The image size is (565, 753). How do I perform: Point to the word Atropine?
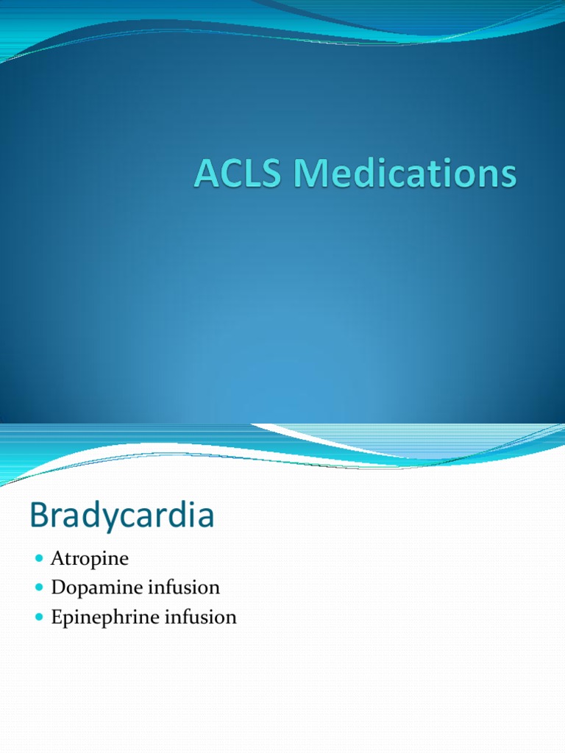(90, 559)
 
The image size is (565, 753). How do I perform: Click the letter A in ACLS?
(206, 176)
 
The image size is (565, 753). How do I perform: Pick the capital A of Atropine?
(57, 559)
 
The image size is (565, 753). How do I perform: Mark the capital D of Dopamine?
(58, 588)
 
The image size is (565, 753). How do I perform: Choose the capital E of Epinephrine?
(57, 617)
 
